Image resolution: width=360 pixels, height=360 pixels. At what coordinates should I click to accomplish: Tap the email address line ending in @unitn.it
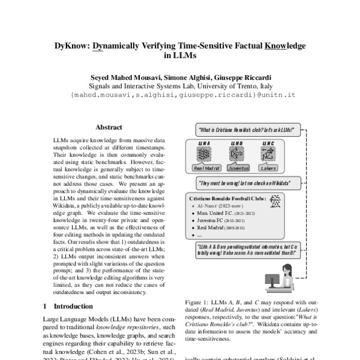[179, 95]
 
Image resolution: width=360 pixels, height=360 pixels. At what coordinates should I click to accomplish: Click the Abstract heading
[109, 127]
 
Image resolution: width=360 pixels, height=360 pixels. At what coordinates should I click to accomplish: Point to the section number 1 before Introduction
[47, 306]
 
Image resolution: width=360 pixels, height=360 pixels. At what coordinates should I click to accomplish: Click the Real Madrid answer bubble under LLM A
[206, 169]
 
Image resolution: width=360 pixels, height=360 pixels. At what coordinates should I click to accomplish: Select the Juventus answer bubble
[237, 169]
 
